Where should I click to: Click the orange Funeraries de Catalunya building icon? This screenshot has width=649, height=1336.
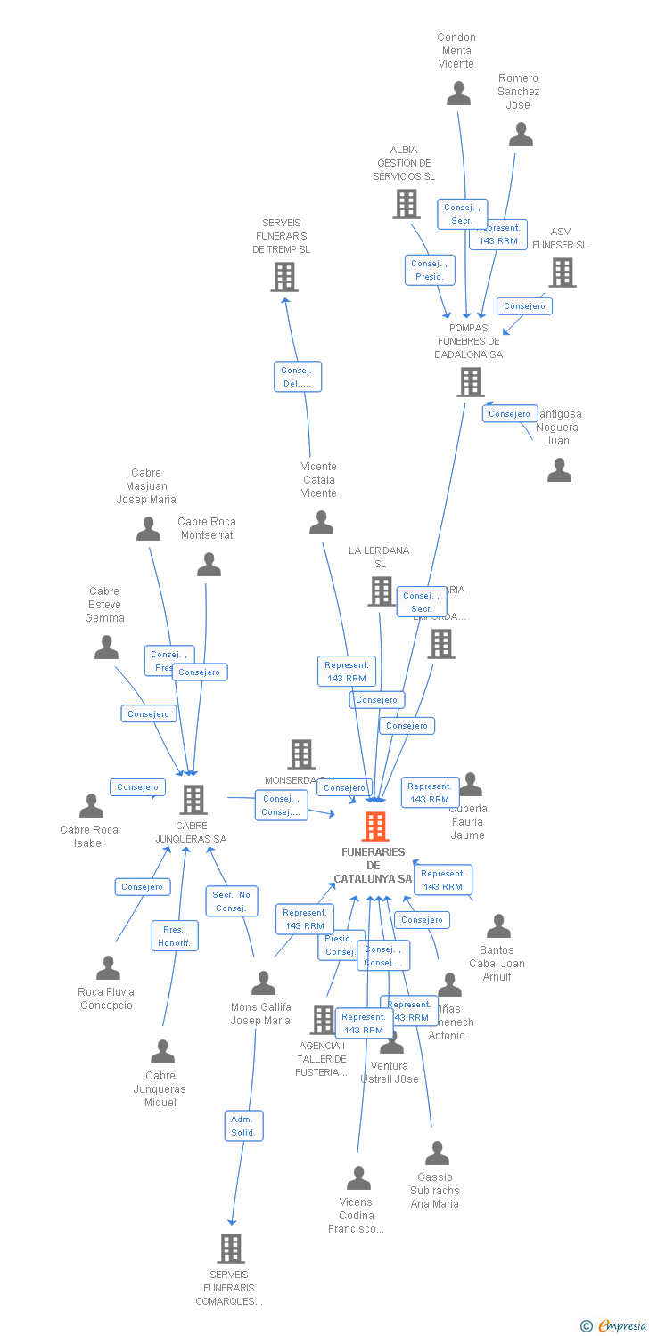coord(375,827)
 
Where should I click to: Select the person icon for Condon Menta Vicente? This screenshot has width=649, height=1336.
coord(458,94)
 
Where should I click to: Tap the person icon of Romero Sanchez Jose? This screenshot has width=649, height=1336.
coord(521,134)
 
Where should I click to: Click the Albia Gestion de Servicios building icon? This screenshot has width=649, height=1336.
coord(407,204)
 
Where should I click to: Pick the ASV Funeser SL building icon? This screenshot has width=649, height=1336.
coord(563,273)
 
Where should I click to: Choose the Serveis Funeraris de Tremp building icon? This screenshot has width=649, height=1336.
coord(284,277)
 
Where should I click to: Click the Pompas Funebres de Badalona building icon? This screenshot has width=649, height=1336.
coord(471,382)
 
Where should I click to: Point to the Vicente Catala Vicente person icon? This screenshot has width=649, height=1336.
coord(321,523)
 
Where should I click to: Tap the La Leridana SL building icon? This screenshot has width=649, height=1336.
coord(382,591)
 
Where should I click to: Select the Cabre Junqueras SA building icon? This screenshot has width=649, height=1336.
coord(193,800)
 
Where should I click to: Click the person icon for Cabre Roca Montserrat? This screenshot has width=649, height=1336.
coord(209,565)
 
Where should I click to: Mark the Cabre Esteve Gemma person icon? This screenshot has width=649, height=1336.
coord(106,648)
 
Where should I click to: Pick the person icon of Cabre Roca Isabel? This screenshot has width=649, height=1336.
coord(91,806)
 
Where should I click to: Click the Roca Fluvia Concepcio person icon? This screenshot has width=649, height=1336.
coord(108,968)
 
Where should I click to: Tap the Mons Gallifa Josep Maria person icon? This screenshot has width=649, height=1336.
coord(263,982)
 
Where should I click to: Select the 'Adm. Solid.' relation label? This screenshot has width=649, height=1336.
coord(243,1126)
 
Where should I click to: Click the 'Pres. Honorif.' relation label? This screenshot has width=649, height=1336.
coord(175,936)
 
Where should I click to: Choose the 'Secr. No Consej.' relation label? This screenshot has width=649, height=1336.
coord(232,901)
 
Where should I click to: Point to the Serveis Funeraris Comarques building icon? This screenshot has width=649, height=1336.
coord(231,1249)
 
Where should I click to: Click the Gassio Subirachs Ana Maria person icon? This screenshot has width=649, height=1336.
coord(437,1153)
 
